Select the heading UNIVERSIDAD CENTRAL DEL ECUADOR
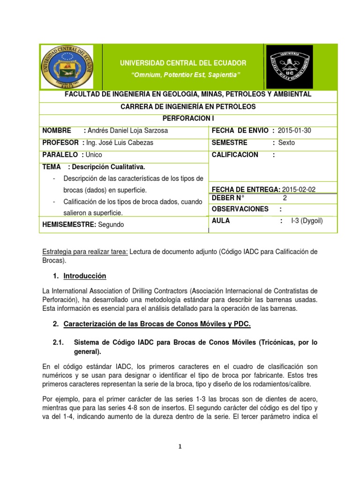184,63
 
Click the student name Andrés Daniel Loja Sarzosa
127,130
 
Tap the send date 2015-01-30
294,130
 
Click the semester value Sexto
286,142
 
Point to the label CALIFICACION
235,154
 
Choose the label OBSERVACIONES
240,209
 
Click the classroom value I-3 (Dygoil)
307,221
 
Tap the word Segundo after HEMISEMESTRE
111,225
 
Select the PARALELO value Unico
94,154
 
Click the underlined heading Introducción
83,276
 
